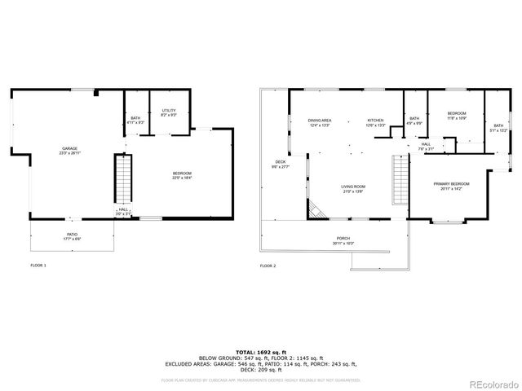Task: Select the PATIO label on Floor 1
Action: (72, 236)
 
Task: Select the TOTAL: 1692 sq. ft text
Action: (261, 351)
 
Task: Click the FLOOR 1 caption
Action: (38, 266)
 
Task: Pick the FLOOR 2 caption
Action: (268, 266)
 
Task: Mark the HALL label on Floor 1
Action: (123, 211)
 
